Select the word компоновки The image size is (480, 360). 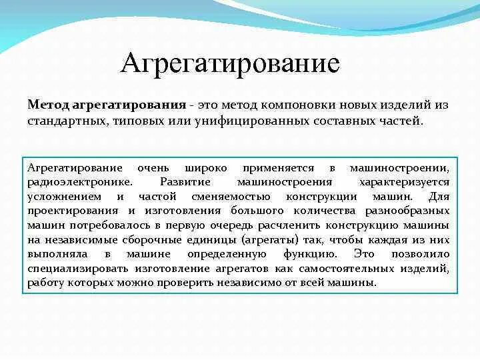point(300,105)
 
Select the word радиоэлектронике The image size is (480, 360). point(80,182)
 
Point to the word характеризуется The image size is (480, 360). point(404,182)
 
